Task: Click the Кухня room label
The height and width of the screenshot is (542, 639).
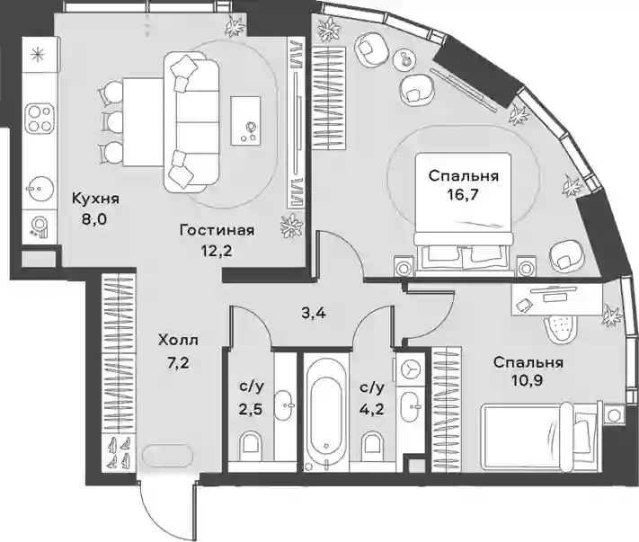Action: tap(95, 199)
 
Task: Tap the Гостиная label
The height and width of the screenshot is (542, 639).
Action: tap(217, 231)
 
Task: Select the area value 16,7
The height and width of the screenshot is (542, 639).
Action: tap(464, 193)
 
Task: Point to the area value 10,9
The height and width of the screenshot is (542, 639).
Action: tap(528, 380)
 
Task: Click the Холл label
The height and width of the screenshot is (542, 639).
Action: tap(178, 340)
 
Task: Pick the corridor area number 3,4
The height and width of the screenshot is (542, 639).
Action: tap(314, 314)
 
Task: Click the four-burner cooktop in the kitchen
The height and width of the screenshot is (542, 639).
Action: tap(40, 120)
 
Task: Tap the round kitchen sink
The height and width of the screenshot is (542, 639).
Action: tap(40, 189)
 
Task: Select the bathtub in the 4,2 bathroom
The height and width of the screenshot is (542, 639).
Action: tap(326, 413)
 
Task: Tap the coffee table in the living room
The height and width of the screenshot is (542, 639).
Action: tap(245, 120)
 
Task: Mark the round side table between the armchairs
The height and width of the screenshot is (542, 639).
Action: tap(404, 59)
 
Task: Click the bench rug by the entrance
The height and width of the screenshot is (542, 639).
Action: tap(166, 454)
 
